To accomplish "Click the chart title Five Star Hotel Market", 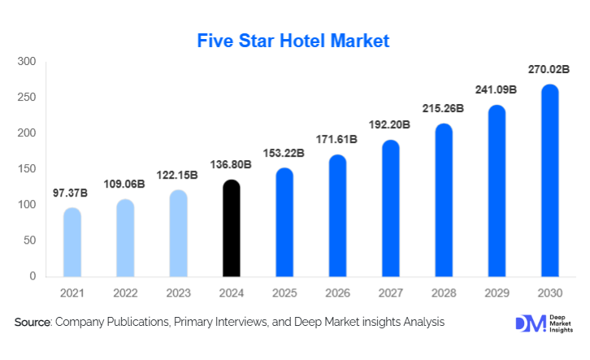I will (x=294, y=40).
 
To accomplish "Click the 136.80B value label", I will (x=231, y=165).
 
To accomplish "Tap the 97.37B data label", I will (x=72, y=193).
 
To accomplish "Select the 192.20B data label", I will (x=390, y=125).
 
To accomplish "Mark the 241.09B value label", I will (x=496, y=90).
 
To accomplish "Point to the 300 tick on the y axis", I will (x=27, y=62).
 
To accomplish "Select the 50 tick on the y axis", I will (x=30, y=241).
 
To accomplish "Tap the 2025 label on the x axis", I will (x=284, y=293).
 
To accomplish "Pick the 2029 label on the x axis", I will (x=496, y=293).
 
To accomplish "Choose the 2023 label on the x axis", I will (x=178, y=293).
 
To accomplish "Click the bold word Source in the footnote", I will (x=33, y=323).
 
